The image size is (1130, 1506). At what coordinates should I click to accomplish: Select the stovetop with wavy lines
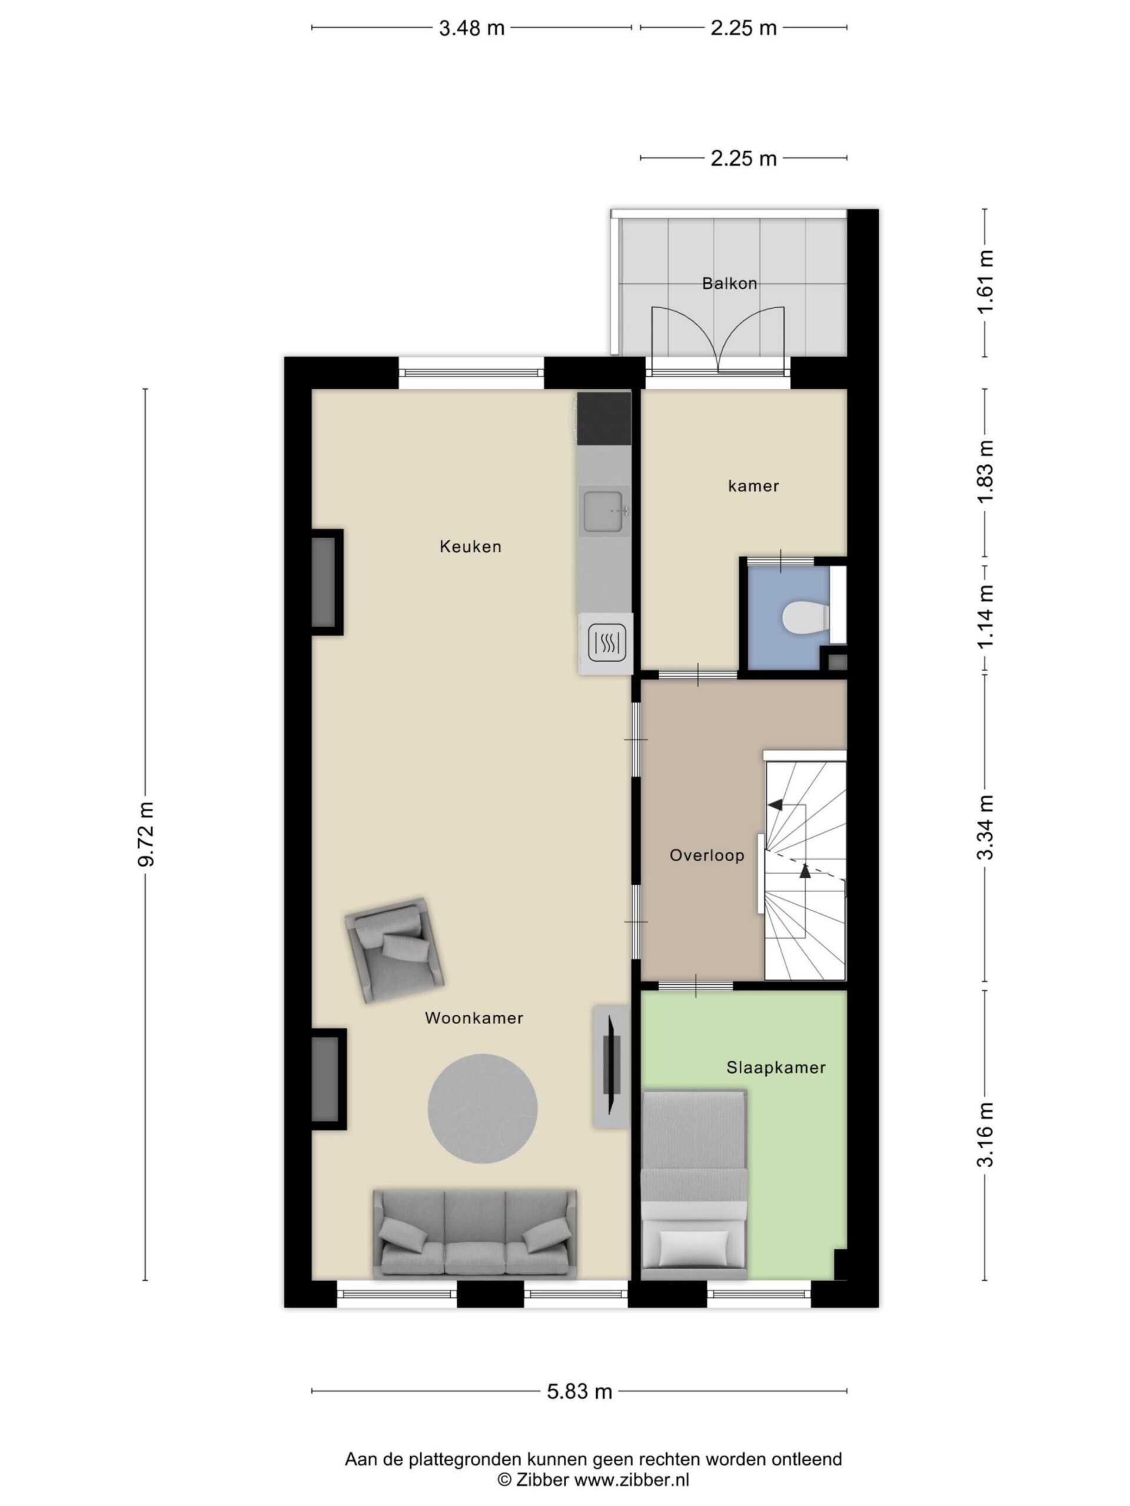pos(605,642)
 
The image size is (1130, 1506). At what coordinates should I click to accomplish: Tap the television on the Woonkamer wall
pos(611,1065)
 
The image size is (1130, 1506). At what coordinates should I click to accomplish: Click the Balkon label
pos(729,283)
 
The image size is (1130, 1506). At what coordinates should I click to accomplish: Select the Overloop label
pos(706,855)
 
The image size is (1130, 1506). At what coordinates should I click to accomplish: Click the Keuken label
pos(470,546)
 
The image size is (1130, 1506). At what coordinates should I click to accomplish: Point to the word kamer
pos(753,486)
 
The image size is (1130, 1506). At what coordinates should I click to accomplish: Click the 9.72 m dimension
pos(146,834)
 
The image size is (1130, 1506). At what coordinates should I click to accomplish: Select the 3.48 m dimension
pos(471,28)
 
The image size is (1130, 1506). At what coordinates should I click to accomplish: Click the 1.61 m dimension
pos(985,282)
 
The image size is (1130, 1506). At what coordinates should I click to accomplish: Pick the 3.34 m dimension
pos(985,827)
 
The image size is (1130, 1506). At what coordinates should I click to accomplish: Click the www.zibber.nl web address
pos(632,1479)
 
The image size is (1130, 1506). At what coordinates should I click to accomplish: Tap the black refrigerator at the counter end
pos(603,417)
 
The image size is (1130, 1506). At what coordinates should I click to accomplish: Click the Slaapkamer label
pos(776,1068)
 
